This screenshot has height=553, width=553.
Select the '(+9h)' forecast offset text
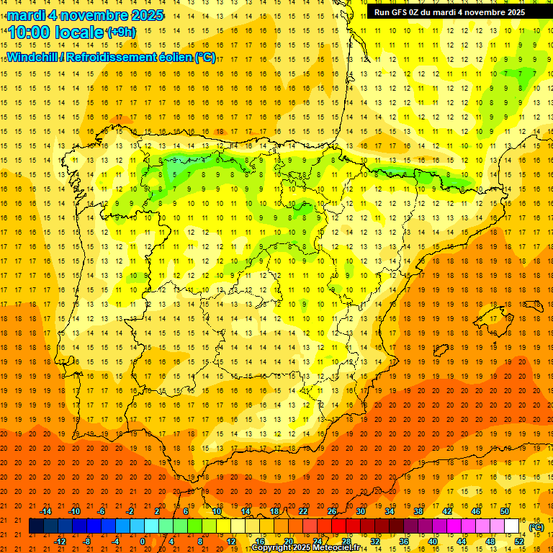[x=120, y=32]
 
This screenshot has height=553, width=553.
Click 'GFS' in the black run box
[x=405, y=12]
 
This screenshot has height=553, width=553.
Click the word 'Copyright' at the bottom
[x=272, y=548]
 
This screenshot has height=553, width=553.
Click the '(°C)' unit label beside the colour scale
[x=536, y=527]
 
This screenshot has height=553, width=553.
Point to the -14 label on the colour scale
[x=45, y=511]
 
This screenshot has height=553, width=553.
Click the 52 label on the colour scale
[x=519, y=541]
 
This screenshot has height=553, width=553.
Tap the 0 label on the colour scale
[x=143, y=541]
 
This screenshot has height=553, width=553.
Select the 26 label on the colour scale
[x=332, y=511]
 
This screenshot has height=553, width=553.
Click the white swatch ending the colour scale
[x=511, y=526]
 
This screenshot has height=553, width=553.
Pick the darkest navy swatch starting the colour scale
[x=36, y=526]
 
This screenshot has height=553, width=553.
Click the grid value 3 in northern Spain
[x=175, y=160]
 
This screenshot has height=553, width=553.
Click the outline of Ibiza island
[x=441, y=351]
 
